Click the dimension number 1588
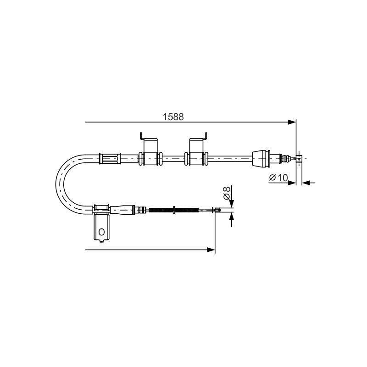(173, 117)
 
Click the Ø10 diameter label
(278, 178)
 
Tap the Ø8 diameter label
(227, 193)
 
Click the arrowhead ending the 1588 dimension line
(292, 122)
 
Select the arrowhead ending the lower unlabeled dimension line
(211, 250)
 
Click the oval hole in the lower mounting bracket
(101, 232)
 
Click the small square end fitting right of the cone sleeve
(299, 158)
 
